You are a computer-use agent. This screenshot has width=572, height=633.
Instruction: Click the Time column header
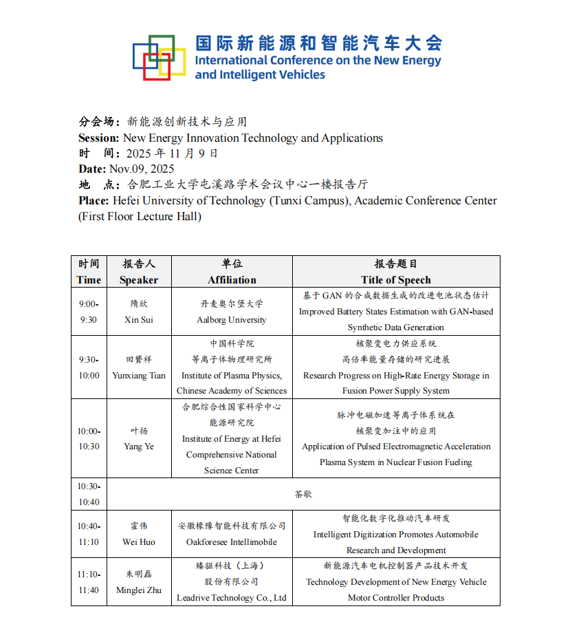point(89,280)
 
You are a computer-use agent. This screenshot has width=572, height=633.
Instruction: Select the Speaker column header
point(139,280)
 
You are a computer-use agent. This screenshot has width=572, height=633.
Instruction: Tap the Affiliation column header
point(232,280)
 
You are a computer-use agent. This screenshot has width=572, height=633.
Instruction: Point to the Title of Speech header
point(396,280)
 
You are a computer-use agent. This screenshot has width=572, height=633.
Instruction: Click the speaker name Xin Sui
point(139,320)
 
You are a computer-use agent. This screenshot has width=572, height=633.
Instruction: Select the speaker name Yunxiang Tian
point(139,376)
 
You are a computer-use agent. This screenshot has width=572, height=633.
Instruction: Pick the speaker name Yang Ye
point(139,447)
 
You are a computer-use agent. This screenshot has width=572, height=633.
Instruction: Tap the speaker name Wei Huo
point(139,542)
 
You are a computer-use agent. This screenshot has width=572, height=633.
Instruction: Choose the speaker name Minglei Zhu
point(139,590)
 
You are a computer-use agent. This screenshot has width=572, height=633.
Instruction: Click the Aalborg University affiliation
point(232,320)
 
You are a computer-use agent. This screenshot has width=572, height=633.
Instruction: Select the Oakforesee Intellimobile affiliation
point(232,542)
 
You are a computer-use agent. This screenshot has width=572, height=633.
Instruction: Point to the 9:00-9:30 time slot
point(89,312)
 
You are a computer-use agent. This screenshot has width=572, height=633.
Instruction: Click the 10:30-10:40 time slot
point(89,494)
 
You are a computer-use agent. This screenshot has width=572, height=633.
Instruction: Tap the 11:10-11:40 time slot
point(89,581)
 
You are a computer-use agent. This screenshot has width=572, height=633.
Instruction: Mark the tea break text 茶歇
point(304,494)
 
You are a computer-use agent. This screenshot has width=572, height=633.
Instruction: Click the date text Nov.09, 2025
point(142,169)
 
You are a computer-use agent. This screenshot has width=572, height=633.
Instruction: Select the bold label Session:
point(99,138)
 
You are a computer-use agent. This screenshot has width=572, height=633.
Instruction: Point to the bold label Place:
point(93,201)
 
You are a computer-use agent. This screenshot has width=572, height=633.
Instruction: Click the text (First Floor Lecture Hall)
point(140,217)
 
